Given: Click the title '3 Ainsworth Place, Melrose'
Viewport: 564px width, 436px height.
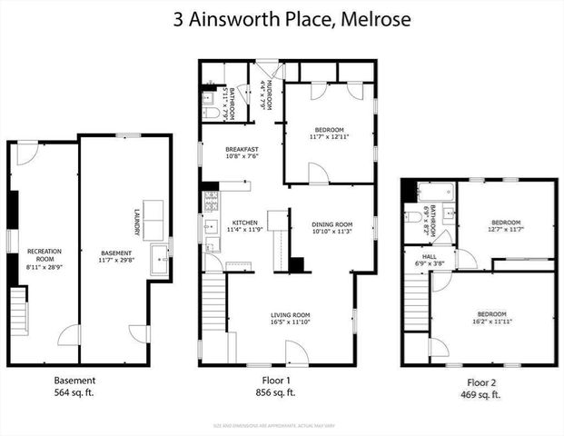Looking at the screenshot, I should pyautogui.click(x=282, y=20).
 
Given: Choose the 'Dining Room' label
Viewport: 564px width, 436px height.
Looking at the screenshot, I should pyautogui.click(x=332, y=224).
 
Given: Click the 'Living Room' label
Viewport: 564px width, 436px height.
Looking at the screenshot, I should pyautogui.click(x=291, y=315).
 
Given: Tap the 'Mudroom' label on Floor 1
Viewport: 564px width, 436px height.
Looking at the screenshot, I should pyautogui.click(x=267, y=94).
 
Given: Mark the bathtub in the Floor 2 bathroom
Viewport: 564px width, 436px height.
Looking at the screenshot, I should pyautogui.click(x=435, y=192).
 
